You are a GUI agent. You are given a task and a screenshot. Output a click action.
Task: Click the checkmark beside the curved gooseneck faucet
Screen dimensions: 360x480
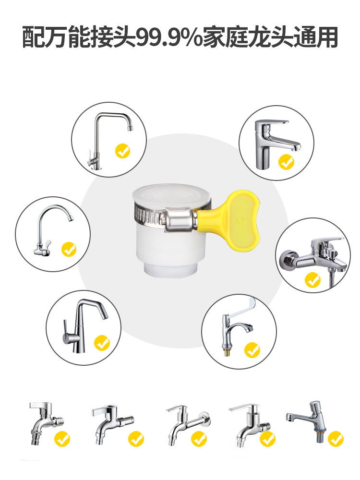click(69, 249)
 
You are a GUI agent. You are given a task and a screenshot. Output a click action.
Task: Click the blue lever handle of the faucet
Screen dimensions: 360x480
click(242, 308)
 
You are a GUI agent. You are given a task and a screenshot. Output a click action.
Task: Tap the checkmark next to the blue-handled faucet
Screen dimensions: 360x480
click(252, 350)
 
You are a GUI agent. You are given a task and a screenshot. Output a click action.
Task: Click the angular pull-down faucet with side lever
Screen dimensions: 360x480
click(84, 326)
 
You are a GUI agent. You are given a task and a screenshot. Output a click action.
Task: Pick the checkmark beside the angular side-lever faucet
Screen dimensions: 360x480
click(102, 343)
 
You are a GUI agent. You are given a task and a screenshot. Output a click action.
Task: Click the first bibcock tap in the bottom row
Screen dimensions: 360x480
click(46, 422)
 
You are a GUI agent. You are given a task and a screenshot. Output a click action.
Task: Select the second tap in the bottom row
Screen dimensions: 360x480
click(112, 424)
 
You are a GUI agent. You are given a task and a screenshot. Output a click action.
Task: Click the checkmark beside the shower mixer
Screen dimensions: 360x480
click(313, 280)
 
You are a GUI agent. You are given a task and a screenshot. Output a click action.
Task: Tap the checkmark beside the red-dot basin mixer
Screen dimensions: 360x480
click(287, 162)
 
